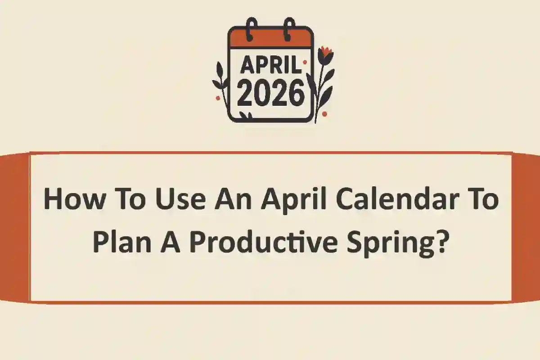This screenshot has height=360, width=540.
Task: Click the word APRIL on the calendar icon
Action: [x=270, y=66]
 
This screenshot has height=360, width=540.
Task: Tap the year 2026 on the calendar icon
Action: [x=271, y=94]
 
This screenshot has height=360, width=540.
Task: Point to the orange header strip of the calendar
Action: [x=270, y=39]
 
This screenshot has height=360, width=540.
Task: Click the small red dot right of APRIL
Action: [x=305, y=63]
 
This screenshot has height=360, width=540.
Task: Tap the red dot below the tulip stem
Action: [x=324, y=114]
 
